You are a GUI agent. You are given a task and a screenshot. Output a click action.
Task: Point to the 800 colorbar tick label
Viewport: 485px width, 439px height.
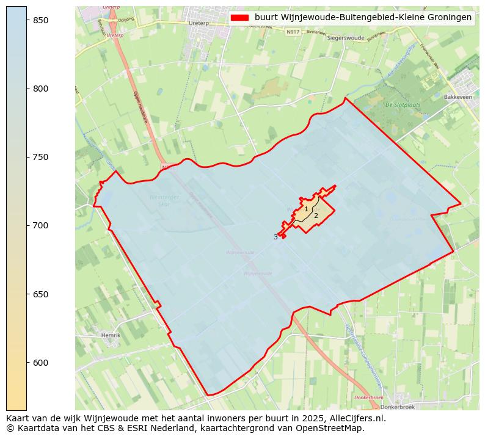(40, 89)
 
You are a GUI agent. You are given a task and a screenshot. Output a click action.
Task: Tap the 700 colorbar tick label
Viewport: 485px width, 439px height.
(40, 225)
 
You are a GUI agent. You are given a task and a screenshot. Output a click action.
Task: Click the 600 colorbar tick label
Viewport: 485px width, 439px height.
(40, 363)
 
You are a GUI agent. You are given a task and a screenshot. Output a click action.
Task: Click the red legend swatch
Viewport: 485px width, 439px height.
(239, 18)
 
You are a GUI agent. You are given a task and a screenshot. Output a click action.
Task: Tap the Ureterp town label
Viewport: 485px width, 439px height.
(199, 23)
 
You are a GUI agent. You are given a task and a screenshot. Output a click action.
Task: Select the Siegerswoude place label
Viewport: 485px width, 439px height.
(346, 37)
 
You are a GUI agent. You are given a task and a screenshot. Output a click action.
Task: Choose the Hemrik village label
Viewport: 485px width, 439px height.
(111, 335)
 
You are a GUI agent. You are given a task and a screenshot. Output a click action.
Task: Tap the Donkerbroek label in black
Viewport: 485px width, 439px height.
(397, 407)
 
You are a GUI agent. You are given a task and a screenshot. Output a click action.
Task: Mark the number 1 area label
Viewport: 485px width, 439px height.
(306, 209)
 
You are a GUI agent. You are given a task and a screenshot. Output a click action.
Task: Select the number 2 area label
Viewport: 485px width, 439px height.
(316, 216)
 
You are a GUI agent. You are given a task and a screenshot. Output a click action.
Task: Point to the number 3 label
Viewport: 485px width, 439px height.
(275, 237)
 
